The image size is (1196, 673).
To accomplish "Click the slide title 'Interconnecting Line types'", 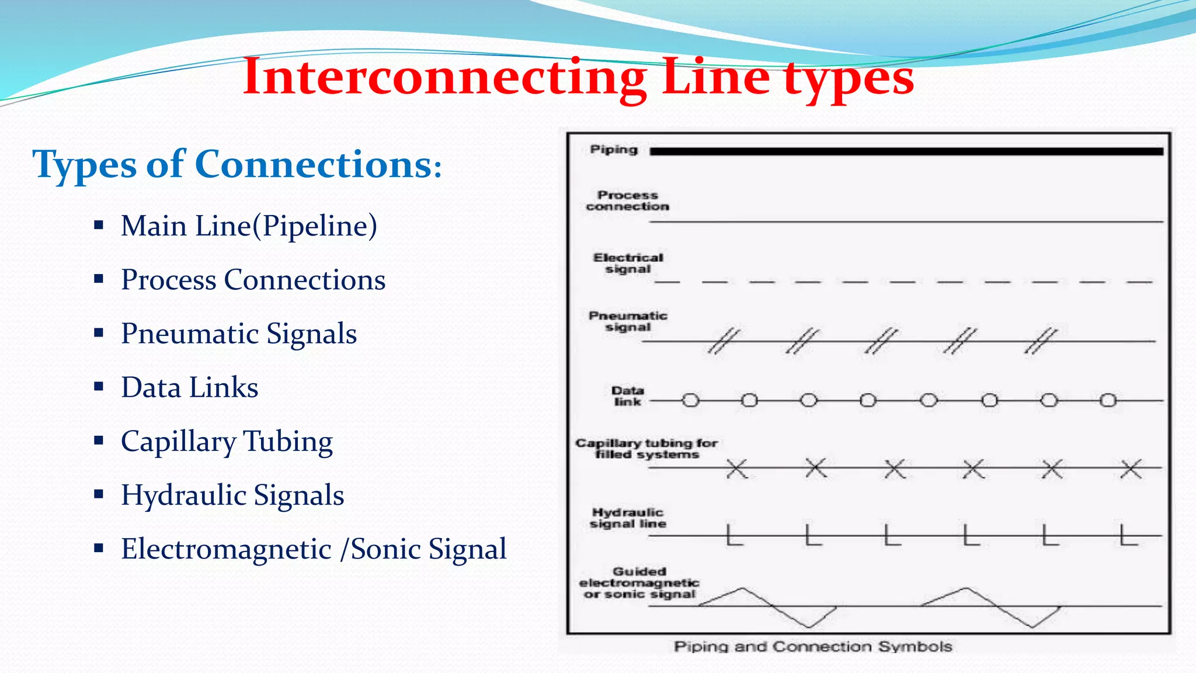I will [578, 77].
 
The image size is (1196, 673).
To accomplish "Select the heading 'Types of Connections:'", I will [237, 165].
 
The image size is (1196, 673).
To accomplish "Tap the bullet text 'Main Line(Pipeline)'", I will [249, 226].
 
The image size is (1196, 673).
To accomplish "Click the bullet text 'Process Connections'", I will [253, 280].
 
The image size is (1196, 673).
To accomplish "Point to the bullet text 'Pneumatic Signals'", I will [239, 334].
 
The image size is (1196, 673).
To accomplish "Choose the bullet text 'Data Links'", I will [189, 387].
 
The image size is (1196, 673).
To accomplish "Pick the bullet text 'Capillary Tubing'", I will [227, 442].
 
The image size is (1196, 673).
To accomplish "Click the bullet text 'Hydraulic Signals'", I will [232, 495].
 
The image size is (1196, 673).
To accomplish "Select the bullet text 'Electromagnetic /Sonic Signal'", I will [314, 549].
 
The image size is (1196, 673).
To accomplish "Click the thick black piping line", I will [905, 151].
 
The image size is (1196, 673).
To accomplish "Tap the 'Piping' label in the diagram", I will [614, 150].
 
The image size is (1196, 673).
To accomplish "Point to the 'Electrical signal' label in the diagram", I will [628, 263].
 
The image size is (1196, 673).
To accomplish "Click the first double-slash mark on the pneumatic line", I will [724, 341].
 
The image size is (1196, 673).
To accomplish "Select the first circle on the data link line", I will [691, 400].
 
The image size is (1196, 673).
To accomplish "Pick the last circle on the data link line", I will [1108, 400].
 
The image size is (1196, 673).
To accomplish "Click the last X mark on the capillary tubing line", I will [1131, 469].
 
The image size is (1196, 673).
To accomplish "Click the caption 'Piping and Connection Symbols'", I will [813, 647].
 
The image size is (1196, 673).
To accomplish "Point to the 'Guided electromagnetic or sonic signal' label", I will [639, 583].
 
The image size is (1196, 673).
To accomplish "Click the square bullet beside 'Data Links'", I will [99, 386].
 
